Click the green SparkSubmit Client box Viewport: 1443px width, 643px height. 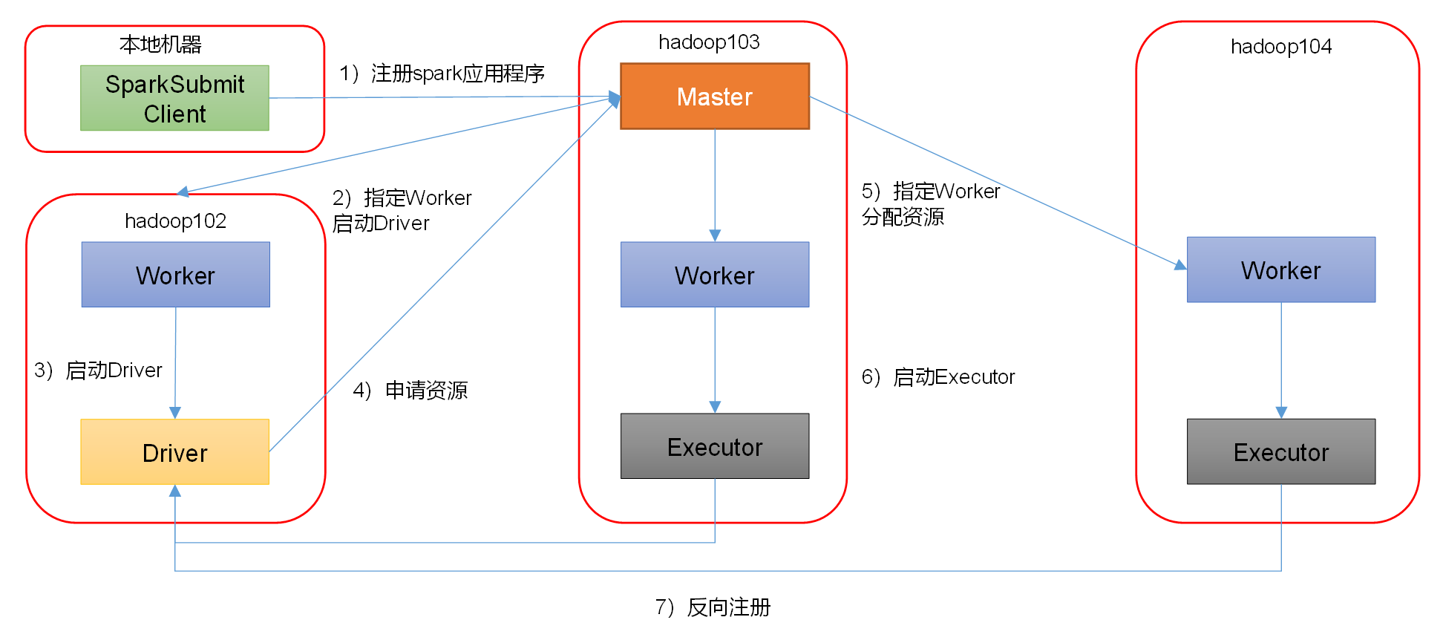(174, 98)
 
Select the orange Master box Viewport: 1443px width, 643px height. (714, 97)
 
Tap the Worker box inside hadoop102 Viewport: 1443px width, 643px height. (175, 275)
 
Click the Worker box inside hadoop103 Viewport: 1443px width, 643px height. (714, 275)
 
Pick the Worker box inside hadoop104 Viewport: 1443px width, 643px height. (1280, 270)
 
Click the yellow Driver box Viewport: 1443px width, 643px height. (174, 452)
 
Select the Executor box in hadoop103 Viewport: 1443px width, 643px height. (714, 446)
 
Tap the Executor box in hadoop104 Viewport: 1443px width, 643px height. (1280, 451)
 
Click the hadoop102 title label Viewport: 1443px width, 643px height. (175, 221)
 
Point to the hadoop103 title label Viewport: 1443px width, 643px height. (709, 42)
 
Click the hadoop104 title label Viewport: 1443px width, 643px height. (1280, 47)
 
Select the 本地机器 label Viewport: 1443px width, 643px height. (160, 45)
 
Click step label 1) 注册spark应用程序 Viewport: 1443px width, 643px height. (442, 74)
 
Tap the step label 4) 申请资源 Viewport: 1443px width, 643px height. (410, 391)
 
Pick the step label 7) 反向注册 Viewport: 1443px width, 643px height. (713, 607)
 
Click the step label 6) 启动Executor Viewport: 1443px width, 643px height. (938, 377)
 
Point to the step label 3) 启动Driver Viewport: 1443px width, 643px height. (98, 370)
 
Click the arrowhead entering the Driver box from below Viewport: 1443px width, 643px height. (175, 491)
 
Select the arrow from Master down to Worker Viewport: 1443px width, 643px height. (715, 186)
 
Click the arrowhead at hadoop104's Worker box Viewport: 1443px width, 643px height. (1180, 265)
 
